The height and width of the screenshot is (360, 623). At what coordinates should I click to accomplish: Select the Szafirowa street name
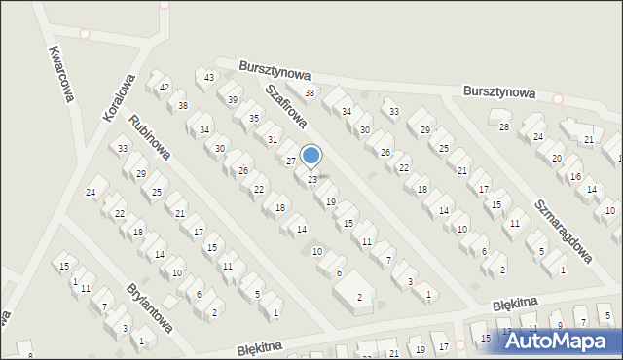[x=286, y=105]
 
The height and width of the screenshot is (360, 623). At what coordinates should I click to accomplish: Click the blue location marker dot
[x=311, y=156]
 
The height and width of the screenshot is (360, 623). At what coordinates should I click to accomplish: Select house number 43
[x=208, y=77]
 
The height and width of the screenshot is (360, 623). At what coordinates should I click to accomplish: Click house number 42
[x=165, y=88]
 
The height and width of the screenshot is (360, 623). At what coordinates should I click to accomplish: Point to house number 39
[x=233, y=99]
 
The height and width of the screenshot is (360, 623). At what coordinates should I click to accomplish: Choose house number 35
[x=254, y=119]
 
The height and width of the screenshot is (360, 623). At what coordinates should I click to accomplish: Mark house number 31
[x=273, y=139]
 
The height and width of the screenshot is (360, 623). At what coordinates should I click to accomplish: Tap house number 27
[x=290, y=161]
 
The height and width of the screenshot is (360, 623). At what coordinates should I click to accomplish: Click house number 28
[x=504, y=127]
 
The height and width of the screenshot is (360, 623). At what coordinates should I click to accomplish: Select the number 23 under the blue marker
[x=311, y=180]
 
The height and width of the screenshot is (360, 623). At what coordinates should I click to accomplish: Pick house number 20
[x=557, y=158]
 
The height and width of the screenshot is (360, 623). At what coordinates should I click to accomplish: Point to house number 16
[x=575, y=177]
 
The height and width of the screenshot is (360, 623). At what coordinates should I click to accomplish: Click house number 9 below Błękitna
[x=558, y=326]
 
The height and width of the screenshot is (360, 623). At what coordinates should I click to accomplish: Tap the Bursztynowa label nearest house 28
[x=499, y=93]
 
